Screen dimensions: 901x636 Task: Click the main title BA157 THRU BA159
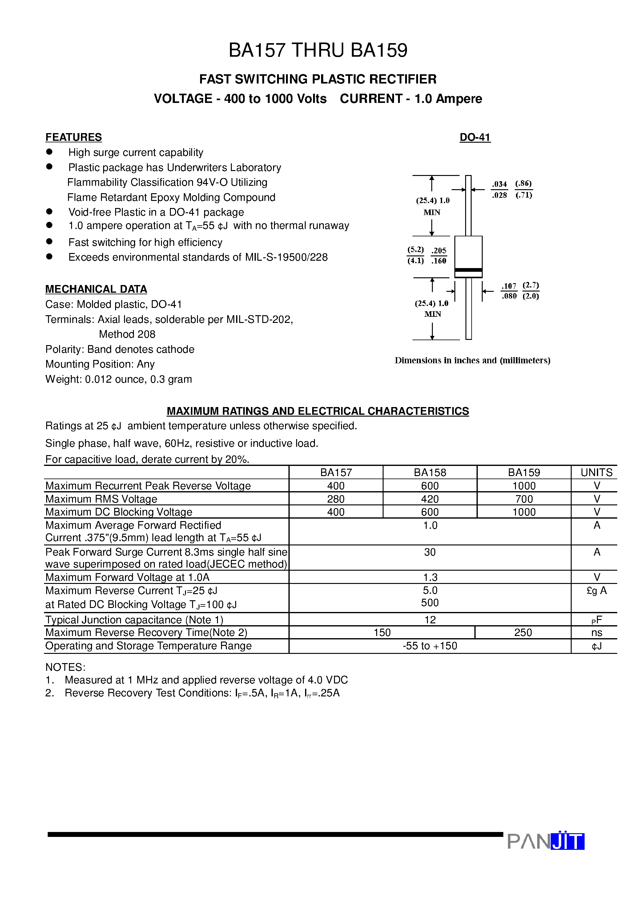pyautogui.click(x=318, y=50)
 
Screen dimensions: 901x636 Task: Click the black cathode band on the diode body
pyautogui.click(x=468, y=270)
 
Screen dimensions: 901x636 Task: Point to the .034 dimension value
pyautogui.click(x=500, y=184)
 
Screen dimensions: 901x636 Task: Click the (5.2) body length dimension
pyautogui.click(x=415, y=250)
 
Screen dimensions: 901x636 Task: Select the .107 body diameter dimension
pyautogui.click(x=509, y=286)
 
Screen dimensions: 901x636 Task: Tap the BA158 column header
pyautogui.click(x=430, y=472)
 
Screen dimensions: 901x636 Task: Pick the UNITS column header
pyautogui.click(x=596, y=472)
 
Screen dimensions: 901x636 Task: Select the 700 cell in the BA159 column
pyautogui.click(x=524, y=499)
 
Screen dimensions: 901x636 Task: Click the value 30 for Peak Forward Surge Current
pyautogui.click(x=430, y=552)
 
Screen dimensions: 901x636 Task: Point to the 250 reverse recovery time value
pyautogui.click(x=523, y=632)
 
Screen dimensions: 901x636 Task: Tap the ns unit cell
pyautogui.click(x=596, y=632)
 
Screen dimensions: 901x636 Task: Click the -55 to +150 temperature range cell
pyautogui.click(x=430, y=646)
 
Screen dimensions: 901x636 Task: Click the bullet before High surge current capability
pyautogui.click(x=49, y=152)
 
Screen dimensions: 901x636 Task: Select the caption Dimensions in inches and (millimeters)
pyautogui.click(x=472, y=360)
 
